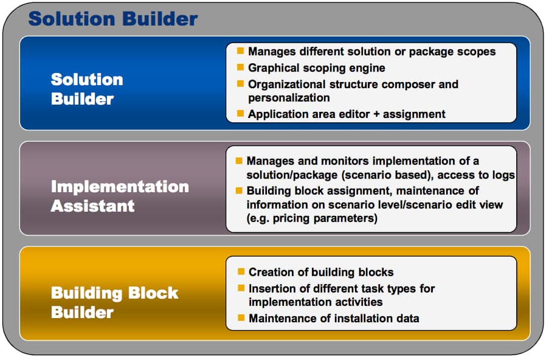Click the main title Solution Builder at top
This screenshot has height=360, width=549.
pyautogui.click(x=112, y=19)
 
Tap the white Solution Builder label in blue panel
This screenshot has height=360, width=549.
pyautogui.click(x=87, y=89)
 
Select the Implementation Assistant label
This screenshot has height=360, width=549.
pyautogui.click(x=120, y=196)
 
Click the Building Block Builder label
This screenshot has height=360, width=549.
pyautogui.click(x=114, y=302)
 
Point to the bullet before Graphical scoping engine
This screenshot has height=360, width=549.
pyautogui.click(x=240, y=67)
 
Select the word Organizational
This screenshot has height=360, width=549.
pyautogui.click(x=286, y=85)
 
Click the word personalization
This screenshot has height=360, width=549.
pyautogui.click(x=289, y=98)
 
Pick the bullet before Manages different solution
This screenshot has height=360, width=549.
pyautogui.click(x=240, y=50)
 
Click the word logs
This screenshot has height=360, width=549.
pyautogui.click(x=502, y=175)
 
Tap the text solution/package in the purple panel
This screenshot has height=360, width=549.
pyautogui.click(x=292, y=175)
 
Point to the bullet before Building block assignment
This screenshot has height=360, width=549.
pyautogui.click(x=239, y=190)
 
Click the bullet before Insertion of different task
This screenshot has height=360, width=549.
pyautogui.click(x=241, y=288)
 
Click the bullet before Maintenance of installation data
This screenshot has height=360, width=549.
pyautogui.click(x=241, y=317)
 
